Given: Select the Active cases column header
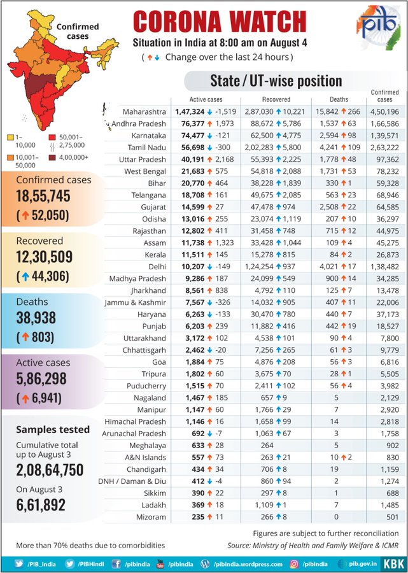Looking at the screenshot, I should [206, 99].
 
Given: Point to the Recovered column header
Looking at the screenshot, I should [276, 99].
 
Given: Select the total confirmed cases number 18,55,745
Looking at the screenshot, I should [43, 196].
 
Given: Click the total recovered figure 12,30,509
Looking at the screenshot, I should [43, 257].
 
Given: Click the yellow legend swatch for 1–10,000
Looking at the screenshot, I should [10, 137].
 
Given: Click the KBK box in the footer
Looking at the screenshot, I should [392, 563].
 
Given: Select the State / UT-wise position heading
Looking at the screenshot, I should [276, 81].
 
